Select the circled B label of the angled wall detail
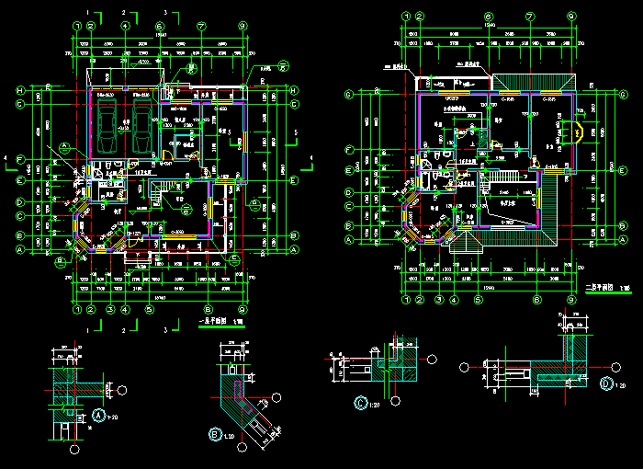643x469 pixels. pos(216,433)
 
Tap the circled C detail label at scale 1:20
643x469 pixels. pos(361,403)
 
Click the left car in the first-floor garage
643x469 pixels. pos(107,126)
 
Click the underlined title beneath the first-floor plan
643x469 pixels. pos(213,321)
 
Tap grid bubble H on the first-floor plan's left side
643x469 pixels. pos(19,90)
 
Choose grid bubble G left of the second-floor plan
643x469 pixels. pos(349,94)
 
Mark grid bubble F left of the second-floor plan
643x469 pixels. pos(349,149)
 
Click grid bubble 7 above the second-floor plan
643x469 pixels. pos(530,16)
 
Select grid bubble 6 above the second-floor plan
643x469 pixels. pos(489,16)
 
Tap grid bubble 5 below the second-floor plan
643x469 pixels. pos(479,299)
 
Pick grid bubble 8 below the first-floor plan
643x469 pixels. pos(209,309)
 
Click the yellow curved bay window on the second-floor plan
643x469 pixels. pos(579,132)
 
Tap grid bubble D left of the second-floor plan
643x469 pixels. pos(349,192)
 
